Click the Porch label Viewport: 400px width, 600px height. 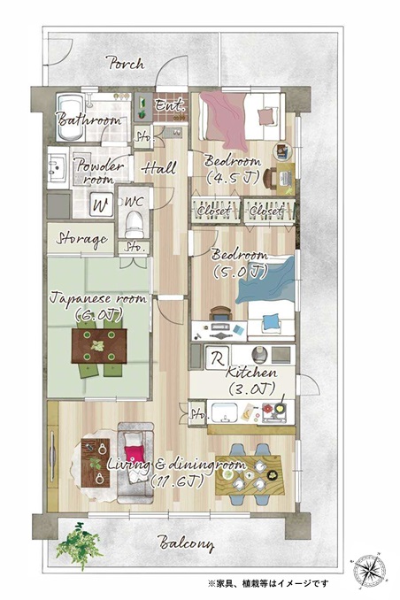click(x=126, y=63)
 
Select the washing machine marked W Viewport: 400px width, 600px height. click(x=102, y=205)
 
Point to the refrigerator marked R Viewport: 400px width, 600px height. click(x=218, y=358)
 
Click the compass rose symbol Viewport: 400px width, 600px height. click(x=366, y=570)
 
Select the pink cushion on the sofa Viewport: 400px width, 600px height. click(x=135, y=453)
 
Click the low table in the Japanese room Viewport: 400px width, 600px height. click(x=99, y=346)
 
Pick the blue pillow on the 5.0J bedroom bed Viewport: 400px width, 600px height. click(x=272, y=321)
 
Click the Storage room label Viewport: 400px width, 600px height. click(x=81, y=240)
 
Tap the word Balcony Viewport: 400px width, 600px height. click(x=186, y=543)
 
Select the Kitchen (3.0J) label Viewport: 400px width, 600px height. click(x=251, y=381)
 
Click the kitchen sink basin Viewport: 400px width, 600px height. click(x=225, y=412)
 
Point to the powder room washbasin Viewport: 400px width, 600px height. click(x=58, y=168)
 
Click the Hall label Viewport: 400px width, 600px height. click(x=159, y=168)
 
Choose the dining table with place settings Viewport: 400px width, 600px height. click(x=250, y=475)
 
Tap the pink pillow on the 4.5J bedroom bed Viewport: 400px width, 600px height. click(x=266, y=116)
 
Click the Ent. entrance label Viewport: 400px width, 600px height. click(x=170, y=104)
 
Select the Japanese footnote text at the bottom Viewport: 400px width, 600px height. click(x=268, y=583)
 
